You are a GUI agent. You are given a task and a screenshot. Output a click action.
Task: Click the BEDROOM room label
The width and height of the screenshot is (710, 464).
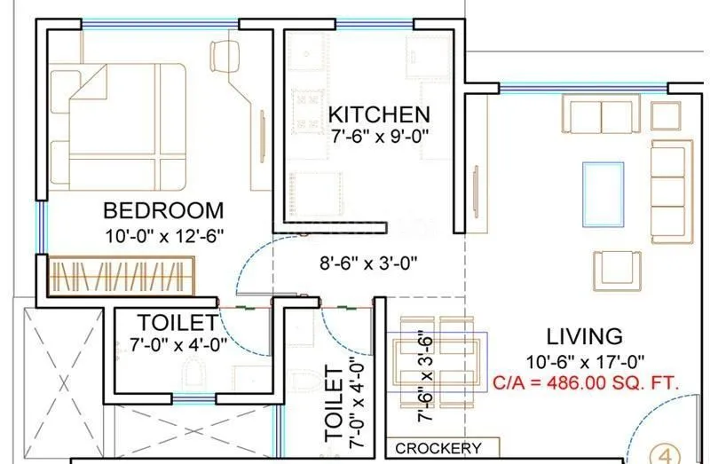(x=163, y=211)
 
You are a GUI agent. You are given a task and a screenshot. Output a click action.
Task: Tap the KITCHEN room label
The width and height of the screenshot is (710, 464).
(x=379, y=114)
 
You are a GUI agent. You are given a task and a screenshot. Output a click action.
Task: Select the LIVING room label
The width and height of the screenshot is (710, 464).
(x=584, y=337)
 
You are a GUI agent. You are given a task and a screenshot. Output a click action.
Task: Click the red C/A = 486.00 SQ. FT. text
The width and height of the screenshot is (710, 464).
(x=586, y=383)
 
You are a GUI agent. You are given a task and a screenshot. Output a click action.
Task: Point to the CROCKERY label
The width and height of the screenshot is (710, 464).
(x=438, y=449)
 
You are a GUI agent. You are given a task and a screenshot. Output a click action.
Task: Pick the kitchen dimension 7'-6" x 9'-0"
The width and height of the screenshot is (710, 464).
(x=380, y=138)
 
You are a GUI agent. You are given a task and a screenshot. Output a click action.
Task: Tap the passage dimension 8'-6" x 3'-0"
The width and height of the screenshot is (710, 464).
(x=369, y=263)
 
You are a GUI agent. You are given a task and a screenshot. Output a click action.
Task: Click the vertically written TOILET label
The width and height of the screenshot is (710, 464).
(x=335, y=405)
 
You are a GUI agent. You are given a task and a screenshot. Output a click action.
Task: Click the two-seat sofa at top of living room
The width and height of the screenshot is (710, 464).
(x=602, y=115)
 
